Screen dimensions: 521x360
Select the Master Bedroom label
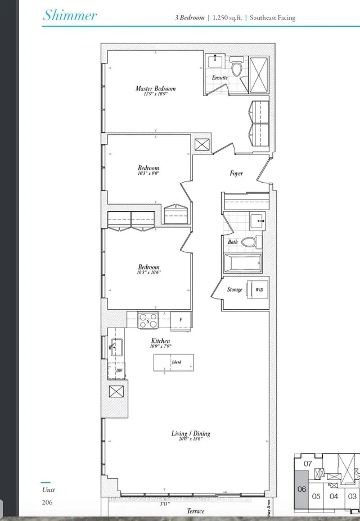pos(155,89)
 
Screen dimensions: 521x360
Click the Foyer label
pos(236,173)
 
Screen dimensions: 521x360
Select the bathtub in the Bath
pos(242,262)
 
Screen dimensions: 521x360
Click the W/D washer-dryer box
pos(258,289)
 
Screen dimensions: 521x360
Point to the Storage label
pos(235,289)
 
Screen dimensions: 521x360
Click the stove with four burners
pos(148,320)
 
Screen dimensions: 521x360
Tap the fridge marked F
pos(181,320)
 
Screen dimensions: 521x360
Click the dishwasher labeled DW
pos(119,372)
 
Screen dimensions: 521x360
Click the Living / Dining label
pos(191,433)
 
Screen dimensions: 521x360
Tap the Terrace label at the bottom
pos(196,511)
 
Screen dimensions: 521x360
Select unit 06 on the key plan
pos(301,489)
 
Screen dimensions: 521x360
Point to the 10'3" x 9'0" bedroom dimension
pos(148,174)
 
